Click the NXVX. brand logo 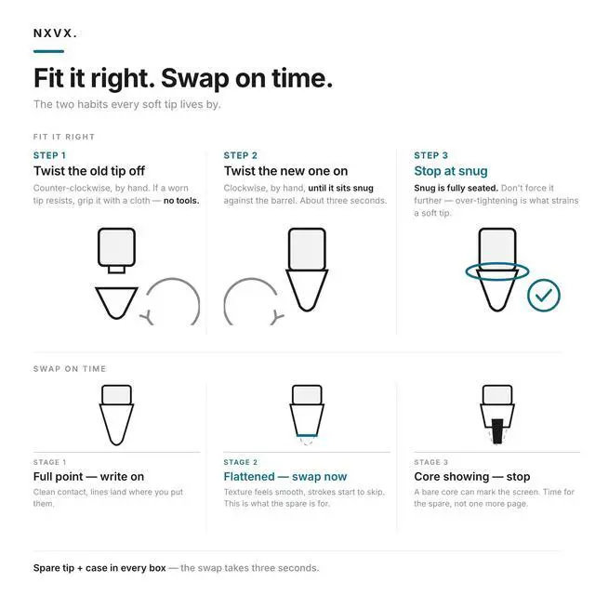click(x=55, y=33)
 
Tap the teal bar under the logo click(x=48, y=51)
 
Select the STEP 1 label click(x=49, y=155)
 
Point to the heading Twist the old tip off click(x=89, y=171)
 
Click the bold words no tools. click(x=181, y=201)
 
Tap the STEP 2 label click(x=240, y=155)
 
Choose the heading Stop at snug click(x=451, y=171)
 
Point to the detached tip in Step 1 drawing click(x=116, y=302)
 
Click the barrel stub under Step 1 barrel click(x=116, y=270)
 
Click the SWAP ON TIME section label click(x=70, y=369)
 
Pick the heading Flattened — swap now click(x=285, y=477)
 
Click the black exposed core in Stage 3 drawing click(x=497, y=431)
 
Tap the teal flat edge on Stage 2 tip click(x=307, y=435)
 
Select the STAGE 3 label click(x=430, y=462)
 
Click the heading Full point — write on click(x=89, y=477)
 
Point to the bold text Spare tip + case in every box click(x=99, y=568)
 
